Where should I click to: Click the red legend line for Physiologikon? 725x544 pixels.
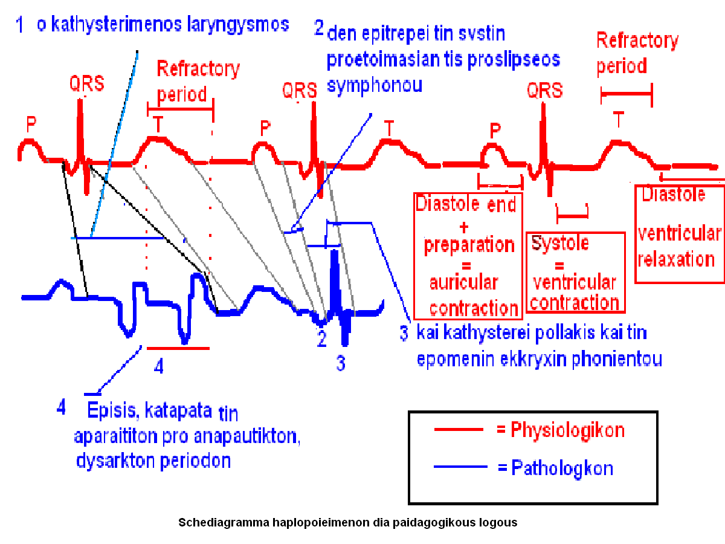459,429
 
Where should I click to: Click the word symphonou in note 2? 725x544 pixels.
374,85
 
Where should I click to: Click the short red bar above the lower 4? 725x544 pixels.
178,348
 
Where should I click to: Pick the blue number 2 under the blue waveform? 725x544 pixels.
322,338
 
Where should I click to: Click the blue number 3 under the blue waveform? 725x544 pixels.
341,363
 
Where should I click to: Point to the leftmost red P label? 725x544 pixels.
31,125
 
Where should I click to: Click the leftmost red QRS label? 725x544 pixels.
86,83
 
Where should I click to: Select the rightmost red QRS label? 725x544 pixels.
544,91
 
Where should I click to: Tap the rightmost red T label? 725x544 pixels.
618,120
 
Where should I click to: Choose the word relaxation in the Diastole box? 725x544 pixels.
676,259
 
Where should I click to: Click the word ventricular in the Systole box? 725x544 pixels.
574,282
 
